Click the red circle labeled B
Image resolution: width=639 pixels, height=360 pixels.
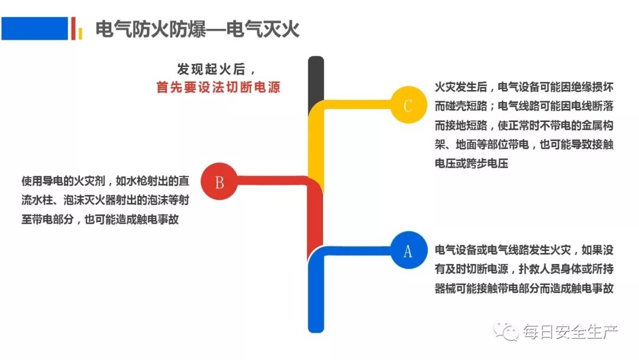pos(219,182)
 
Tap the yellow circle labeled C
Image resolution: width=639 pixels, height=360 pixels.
pos(408,105)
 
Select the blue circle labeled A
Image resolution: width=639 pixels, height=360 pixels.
pos(408,251)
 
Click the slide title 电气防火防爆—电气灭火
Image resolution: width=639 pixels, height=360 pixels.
pos(198,28)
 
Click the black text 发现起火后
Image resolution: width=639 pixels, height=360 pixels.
pos(215,67)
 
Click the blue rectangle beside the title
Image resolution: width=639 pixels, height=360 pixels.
pos(34,28)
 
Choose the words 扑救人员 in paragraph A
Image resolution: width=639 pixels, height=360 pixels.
pos(539,269)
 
